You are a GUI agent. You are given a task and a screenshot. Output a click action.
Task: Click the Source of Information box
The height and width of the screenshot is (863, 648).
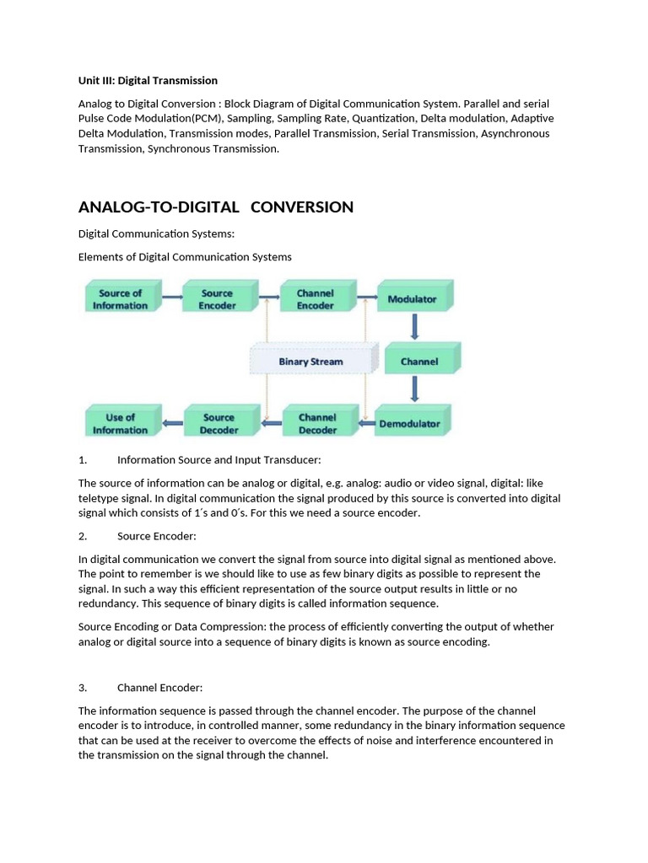click(x=120, y=299)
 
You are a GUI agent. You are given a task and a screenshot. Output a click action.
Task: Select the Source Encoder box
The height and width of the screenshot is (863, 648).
click(x=218, y=299)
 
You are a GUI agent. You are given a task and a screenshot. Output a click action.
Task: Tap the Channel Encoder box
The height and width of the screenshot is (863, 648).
click(x=316, y=299)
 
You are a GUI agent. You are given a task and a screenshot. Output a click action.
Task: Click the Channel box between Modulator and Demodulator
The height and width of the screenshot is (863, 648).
click(x=420, y=361)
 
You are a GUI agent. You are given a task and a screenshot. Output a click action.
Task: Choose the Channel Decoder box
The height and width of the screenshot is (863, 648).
click(x=317, y=423)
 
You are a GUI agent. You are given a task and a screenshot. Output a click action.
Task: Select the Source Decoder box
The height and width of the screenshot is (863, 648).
click(x=219, y=423)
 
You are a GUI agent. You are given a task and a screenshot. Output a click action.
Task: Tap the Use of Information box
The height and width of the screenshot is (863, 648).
click(x=121, y=423)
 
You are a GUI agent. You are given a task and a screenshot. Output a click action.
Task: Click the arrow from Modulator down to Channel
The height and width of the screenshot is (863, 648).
click(x=415, y=327)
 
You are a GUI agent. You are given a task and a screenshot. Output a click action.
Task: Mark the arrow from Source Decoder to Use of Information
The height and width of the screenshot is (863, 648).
click(x=172, y=423)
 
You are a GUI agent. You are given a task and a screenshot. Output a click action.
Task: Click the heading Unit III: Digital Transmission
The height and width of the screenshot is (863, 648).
click(x=148, y=81)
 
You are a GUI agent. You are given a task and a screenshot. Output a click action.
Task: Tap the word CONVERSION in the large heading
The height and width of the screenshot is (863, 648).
click(x=302, y=207)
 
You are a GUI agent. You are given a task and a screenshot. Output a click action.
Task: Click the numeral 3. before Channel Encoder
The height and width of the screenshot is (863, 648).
click(x=83, y=687)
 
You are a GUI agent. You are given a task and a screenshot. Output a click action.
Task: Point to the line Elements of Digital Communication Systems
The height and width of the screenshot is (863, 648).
click(x=185, y=257)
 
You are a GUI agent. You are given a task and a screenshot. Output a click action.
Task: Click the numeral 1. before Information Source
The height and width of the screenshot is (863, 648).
click(x=83, y=459)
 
